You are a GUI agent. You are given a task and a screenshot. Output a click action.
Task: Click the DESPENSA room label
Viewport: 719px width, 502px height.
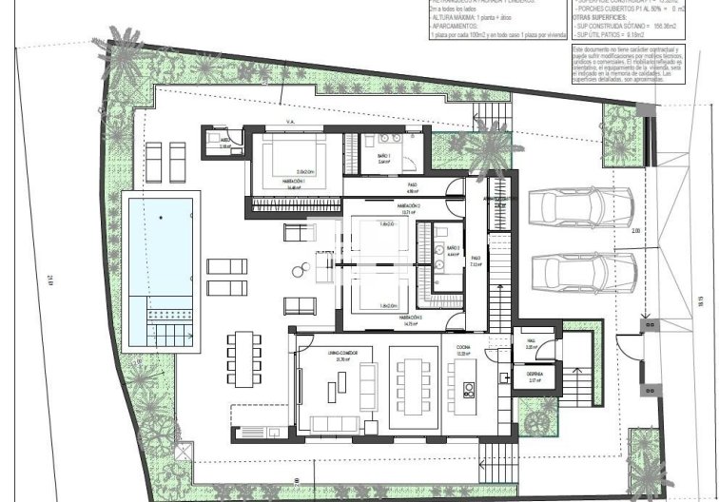tap(534, 376)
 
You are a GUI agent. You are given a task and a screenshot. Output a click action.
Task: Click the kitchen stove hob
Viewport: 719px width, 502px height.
tap(468, 389)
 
